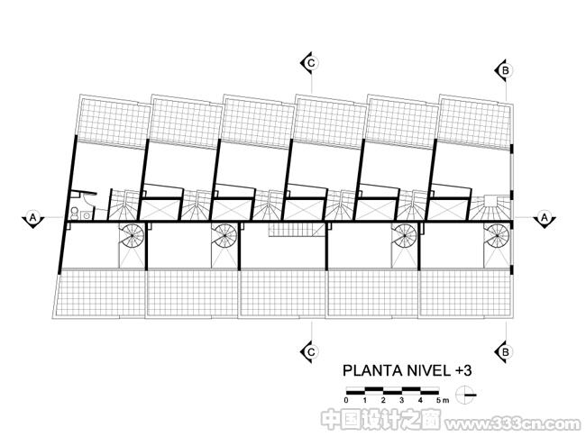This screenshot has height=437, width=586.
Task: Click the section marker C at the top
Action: [309, 63]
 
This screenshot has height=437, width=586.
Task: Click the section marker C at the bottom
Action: [309, 351]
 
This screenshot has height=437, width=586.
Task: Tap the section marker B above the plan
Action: [504, 70]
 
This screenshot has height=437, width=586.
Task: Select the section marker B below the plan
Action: [504, 351]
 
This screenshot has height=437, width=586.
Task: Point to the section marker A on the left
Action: [33, 218]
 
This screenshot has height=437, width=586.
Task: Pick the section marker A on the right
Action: [545, 218]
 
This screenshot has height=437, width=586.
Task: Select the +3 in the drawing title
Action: [463, 370]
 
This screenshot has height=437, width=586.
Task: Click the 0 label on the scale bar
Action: [346, 401]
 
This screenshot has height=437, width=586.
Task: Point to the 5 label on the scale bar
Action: [439, 401]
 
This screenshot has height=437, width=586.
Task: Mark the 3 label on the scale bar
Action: [402, 401]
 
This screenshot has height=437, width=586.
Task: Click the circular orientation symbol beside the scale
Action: [466, 395]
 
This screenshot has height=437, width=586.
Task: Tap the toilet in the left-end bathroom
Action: [75, 214]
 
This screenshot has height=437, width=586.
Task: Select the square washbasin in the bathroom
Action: [87, 215]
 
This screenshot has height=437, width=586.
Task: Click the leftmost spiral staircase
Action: [132, 236]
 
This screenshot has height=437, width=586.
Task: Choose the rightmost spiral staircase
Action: [497, 236]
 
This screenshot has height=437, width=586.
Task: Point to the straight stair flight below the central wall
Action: [297, 230]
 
